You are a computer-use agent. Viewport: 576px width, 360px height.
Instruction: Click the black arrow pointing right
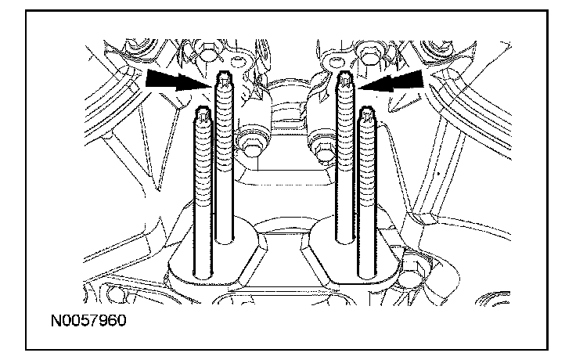point(179,81)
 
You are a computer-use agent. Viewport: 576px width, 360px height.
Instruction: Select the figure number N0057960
point(88,320)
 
